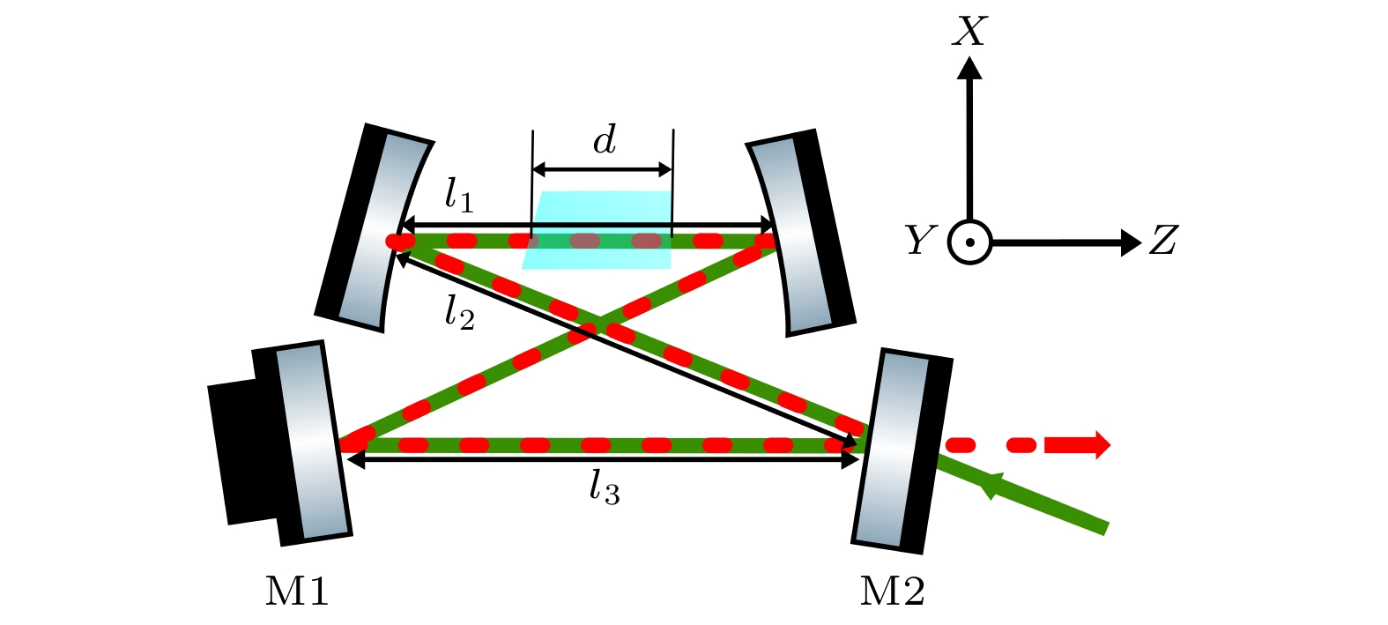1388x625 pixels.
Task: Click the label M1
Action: (x=297, y=591)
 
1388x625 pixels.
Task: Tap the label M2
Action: (x=892, y=591)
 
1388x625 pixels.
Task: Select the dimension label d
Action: (x=605, y=140)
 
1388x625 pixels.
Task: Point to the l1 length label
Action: (x=458, y=195)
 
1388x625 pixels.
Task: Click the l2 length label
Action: (x=459, y=312)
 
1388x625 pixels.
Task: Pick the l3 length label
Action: (x=605, y=487)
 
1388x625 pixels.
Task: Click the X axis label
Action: (x=969, y=33)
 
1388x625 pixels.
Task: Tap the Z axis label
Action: (x=1163, y=240)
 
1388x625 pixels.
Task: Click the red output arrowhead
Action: (x=1100, y=445)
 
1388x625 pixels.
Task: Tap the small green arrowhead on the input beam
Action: (x=993, y=484)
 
